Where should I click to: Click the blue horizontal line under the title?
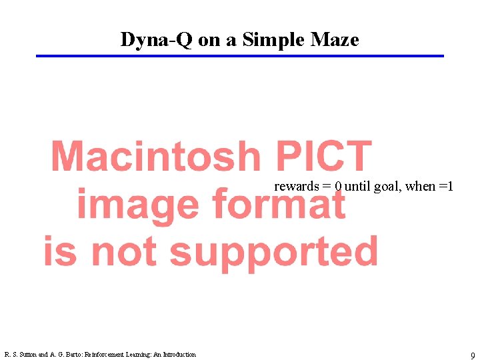click(x=239, y=56)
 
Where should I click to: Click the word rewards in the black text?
click(x=296, y=187)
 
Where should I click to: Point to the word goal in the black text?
click(x=387, y=187)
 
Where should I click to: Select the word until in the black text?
click(x=358, y=187)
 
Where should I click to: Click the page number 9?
click(x=472, y=355)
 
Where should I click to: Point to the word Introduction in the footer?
click(x=178, y=355)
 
